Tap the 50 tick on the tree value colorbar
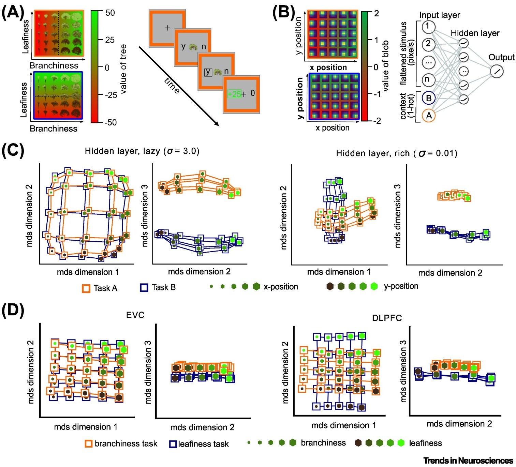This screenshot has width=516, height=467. tap(110, 13)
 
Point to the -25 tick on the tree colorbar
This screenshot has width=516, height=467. tap(110, 95)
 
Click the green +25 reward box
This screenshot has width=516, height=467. tap(234, 94)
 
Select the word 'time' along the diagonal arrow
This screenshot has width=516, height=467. tap(172, 86)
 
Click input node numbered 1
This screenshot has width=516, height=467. tap(428, 26)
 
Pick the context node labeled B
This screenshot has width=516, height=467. tap(428, 98)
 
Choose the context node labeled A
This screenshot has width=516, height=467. tap(428, 116)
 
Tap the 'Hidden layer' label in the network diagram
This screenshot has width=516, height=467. tap(475, 33)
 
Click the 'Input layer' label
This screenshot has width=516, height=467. tap(439, 15)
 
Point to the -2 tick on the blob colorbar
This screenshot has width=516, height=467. tap(377, 121)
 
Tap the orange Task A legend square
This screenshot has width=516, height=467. tap(86, 288)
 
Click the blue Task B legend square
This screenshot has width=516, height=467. tap(144, 288)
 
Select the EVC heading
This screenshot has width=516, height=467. tap(135, 315)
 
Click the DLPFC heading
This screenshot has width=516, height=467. tap(387, 318)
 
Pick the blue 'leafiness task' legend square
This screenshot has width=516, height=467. tap(173, 444)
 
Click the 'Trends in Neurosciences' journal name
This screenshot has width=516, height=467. tap(468, 461)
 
